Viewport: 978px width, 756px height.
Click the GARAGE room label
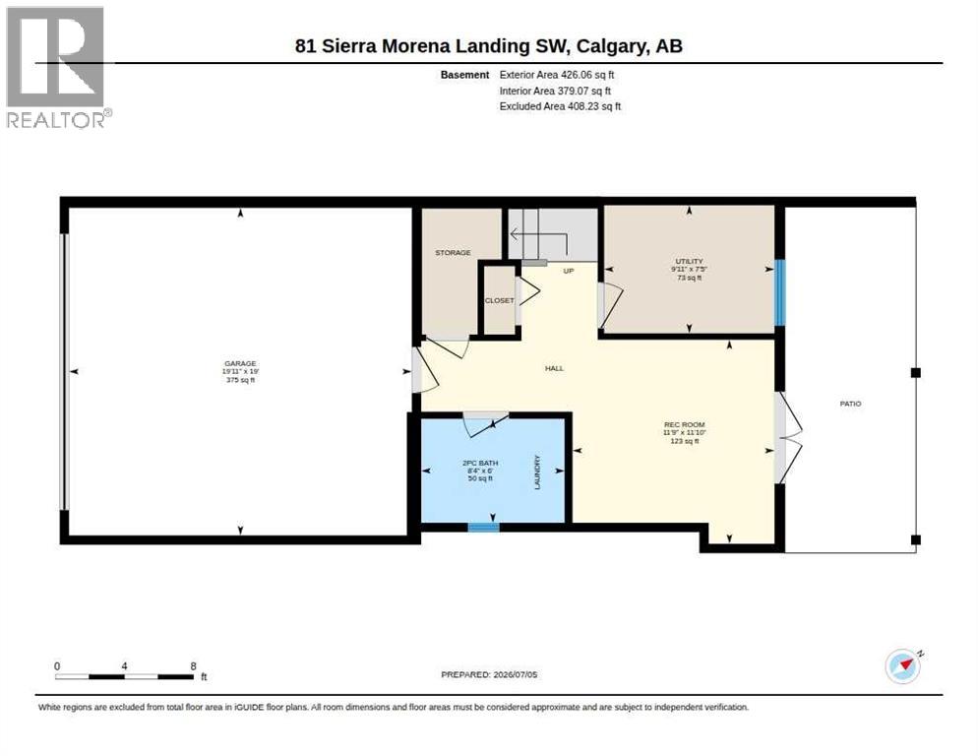pos(240,363)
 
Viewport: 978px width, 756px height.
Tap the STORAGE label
pos(453,253)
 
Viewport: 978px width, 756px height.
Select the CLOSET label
pos(500,300)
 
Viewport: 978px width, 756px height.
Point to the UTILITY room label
pos(689,261)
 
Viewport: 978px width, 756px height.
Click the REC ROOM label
pos(684,424)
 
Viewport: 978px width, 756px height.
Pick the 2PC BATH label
pos(480,464)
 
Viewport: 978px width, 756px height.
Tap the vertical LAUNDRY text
pos(537,472)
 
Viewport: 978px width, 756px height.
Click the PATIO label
pos(850,404)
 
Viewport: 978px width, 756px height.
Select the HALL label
pos(555,368)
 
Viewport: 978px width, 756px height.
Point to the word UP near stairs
pos(569,271)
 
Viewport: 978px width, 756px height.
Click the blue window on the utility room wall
pos(779,292)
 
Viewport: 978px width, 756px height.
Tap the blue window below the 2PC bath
pos(484,528)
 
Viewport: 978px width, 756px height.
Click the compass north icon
pos(903,666)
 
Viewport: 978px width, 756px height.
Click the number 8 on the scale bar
pos(194,666)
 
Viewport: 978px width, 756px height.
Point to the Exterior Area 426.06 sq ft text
pos(556,75)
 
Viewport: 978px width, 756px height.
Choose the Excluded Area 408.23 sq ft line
pos(560,106)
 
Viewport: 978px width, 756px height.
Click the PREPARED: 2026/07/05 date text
pos(489,675)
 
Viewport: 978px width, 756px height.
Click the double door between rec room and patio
pos(787,437)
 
